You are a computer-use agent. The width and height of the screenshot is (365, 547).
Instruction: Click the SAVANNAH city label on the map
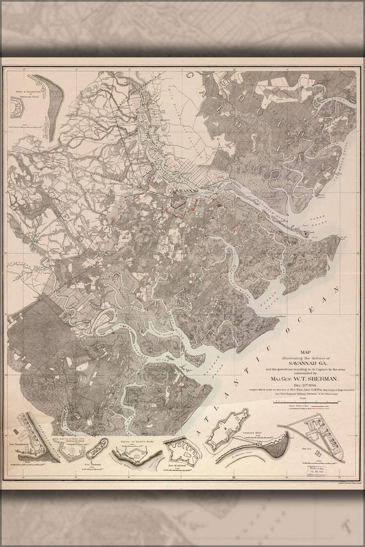183,191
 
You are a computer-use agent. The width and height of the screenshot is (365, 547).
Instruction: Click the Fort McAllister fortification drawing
181,452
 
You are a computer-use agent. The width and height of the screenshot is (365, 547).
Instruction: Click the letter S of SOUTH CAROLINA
227,82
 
